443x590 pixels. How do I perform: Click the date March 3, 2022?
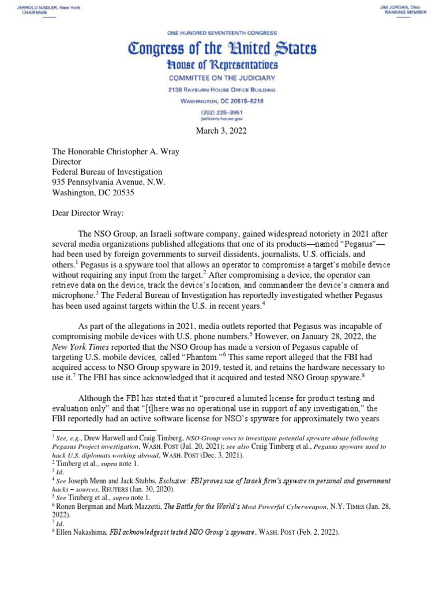tap(221, 131)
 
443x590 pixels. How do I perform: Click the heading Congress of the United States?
tap(221, 49)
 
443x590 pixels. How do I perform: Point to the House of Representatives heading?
tap(221, 65)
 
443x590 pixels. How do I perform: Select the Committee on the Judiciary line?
tap(221, 78)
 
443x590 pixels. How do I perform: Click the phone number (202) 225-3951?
tap(221, 112)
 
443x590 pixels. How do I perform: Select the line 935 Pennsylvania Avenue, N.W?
tap(109, 182)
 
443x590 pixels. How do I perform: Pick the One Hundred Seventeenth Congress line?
tap(221, 34)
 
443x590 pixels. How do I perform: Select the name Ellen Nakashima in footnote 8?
tap(80, 533)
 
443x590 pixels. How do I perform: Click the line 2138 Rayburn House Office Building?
tap(221, 90)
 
